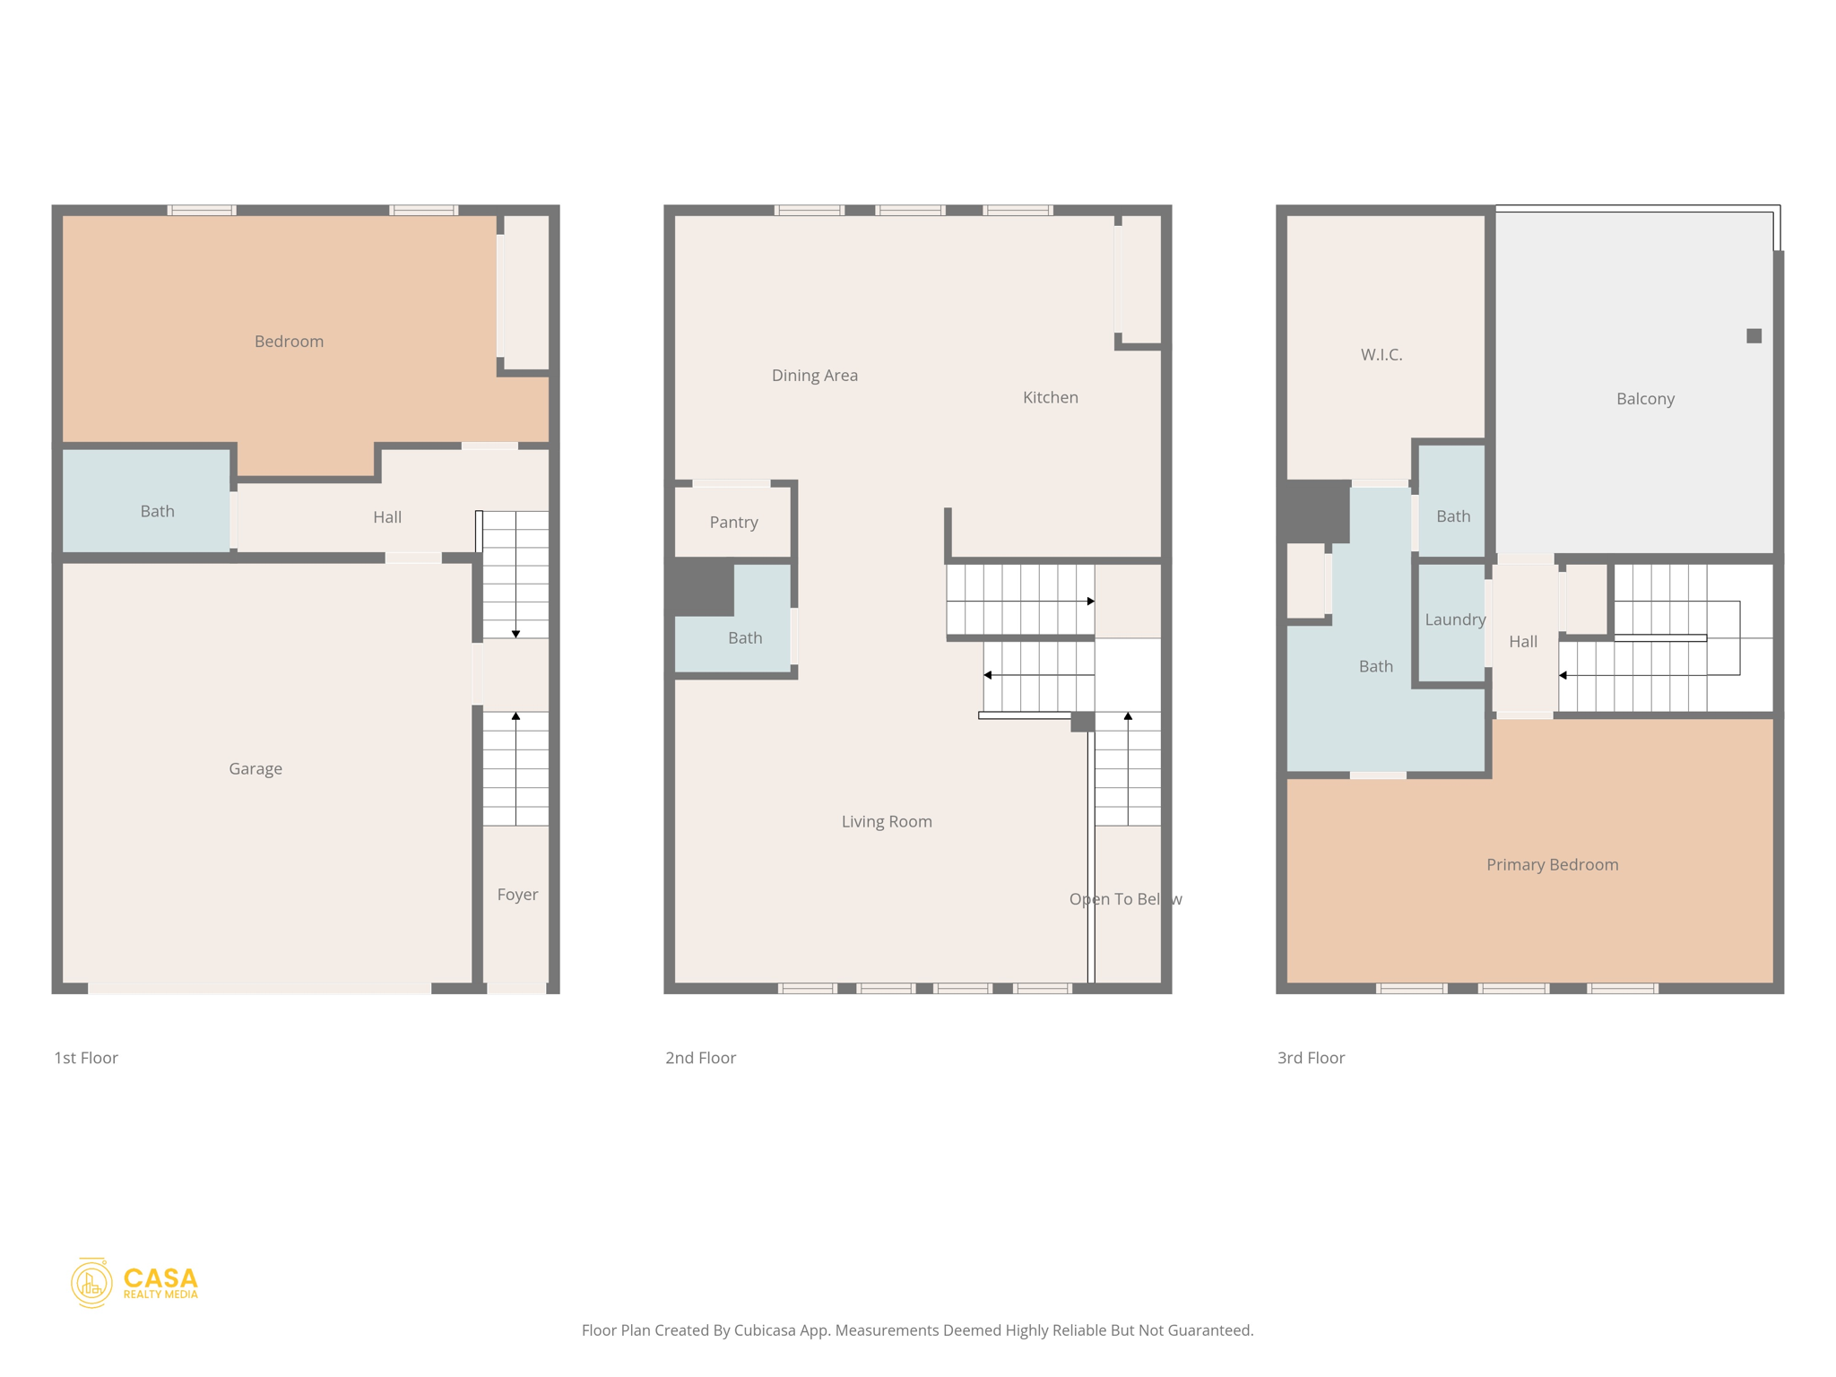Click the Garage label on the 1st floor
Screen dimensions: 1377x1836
click(255, 768)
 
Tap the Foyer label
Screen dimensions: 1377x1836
click(517, 894)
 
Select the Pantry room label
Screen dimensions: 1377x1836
click(733, 522)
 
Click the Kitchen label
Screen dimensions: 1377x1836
click(1050, 397)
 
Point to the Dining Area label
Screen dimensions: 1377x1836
click(814, 375)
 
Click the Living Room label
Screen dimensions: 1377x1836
click(886, 821)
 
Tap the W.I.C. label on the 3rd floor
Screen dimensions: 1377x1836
click(1381, 354)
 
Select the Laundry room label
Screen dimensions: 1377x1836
click(1454, 619)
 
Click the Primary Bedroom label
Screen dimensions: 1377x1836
click(1552, 864)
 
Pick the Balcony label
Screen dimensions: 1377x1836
click(1644, 399)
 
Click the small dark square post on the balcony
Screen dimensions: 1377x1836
click(1754, 336)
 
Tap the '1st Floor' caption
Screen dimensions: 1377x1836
click(86, 1058)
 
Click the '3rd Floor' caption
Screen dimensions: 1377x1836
click(1310, 1058)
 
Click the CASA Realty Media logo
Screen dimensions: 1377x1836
click(134, 1283)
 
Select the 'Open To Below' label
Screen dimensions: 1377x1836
click(1124, 899)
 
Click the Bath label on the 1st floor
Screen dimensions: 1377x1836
click(157, 511)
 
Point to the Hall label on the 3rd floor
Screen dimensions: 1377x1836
click(1522, 641)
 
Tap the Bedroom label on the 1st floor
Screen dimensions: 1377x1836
click(289, 341)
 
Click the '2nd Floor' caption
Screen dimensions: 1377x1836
click(699, 1058)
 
